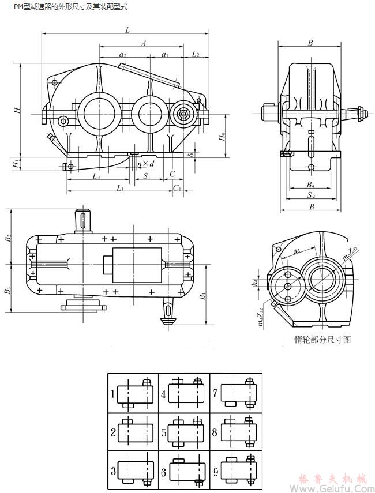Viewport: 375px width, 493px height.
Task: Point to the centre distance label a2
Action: tap(123, 54)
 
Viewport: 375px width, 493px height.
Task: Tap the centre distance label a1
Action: tap(165, 54)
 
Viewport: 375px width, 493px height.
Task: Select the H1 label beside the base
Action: tap(16, 164)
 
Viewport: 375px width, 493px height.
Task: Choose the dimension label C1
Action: tap(178, 188)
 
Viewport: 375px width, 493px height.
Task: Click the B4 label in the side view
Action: tap(310, 185)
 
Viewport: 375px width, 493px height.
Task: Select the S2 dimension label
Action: tap(310, 196)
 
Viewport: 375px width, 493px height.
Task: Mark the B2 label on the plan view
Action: tap(8, 237)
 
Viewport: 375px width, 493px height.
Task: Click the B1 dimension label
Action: tap(202, 297)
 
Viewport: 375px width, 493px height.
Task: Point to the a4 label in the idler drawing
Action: tap(296, 251)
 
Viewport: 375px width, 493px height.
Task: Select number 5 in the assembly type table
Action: tap(164, 431)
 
